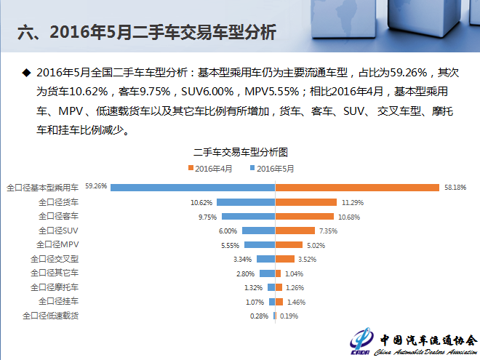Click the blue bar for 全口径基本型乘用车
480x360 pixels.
[x=193, y=188]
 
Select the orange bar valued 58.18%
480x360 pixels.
[x=356, y=188]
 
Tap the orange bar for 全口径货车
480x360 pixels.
[x=306, y=202]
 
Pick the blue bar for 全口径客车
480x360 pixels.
[x=248, y=216]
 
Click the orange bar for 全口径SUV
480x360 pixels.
[x=296, y=231]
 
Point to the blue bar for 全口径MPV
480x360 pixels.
[x=260, y=245]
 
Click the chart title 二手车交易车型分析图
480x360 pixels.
[x=240, y=153]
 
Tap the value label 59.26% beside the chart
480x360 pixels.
[x=96, y=186]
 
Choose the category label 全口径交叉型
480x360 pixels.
[x=55, y=258]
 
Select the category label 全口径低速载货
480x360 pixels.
[x=50, y=316]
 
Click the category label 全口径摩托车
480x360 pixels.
[x=55, y=287]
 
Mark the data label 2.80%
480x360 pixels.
[x=246, y=273]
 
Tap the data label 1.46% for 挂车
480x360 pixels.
[x=295, y=302]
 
